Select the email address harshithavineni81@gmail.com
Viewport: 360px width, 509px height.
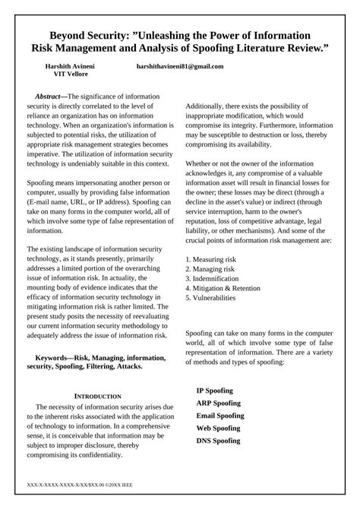click(180, 66)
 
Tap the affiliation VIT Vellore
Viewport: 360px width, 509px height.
click(70, 76)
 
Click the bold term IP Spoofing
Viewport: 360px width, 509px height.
click(215, 390)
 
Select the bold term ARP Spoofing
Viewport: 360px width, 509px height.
click(218, 403)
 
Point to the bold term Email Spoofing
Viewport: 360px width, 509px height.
click(220, 416)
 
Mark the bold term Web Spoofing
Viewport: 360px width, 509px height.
click(218, 428)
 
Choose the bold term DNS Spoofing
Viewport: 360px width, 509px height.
click(218, 441)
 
